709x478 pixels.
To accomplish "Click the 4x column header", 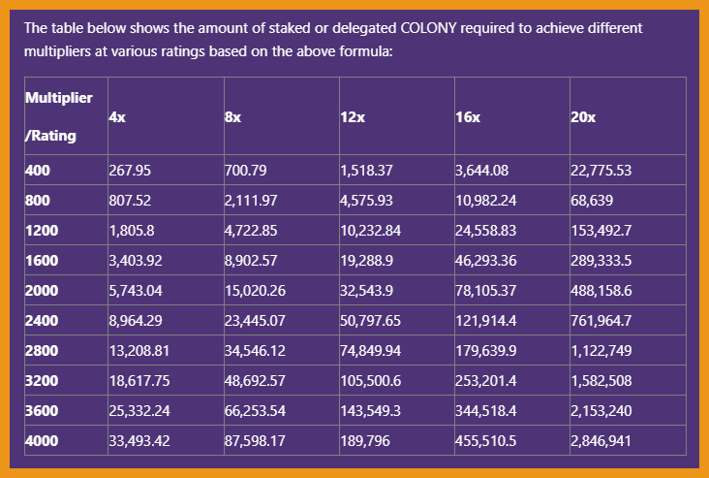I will point(117,116).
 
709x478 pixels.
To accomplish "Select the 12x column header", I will point(352,116).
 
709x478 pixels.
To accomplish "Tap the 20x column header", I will point(583,116).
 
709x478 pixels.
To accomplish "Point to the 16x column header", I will point(467,116).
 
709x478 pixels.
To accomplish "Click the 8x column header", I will point(232,116).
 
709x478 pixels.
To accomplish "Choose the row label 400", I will point(38,171).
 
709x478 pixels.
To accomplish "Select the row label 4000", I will point(42,440).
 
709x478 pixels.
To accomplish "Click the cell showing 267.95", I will point(131,171).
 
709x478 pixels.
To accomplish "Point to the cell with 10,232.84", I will point(370,231).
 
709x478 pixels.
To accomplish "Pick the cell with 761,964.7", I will point(601,319).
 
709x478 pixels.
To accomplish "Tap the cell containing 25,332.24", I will point(139,411).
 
